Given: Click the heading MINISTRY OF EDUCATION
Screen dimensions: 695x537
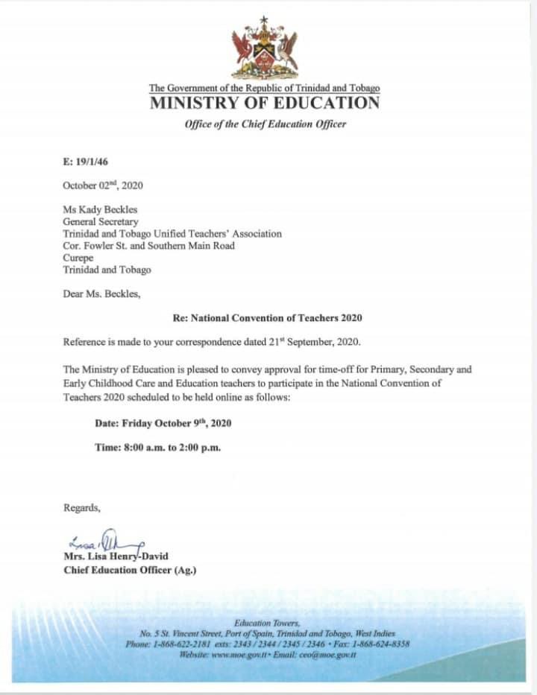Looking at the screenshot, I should (x=265, y=104).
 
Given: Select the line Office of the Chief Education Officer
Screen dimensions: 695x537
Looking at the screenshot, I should (x=265, y=124).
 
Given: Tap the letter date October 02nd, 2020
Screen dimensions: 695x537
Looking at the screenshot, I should (x=103, y=185).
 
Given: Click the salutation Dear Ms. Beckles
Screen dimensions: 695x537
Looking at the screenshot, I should (x=101, y=293).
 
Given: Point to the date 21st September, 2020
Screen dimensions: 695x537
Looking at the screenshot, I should (x=318, y=342).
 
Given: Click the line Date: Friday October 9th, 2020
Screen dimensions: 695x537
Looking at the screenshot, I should (x=163, y=423).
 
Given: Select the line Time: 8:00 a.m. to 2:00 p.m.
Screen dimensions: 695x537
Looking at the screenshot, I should (x=157, y=448).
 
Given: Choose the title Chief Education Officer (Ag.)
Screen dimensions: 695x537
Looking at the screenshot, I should (x=130, y=571).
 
